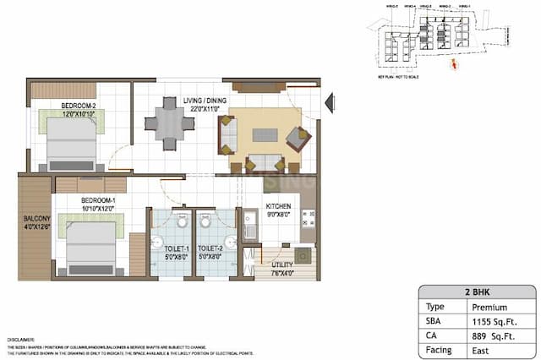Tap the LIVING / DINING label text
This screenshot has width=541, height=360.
click(206, 101)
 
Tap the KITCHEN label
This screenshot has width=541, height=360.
click(278, 206)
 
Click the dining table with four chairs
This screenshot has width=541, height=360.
click(170, 124)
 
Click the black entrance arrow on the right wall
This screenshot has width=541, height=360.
click(331, 103)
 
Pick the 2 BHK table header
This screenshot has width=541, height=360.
click(476, 292)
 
